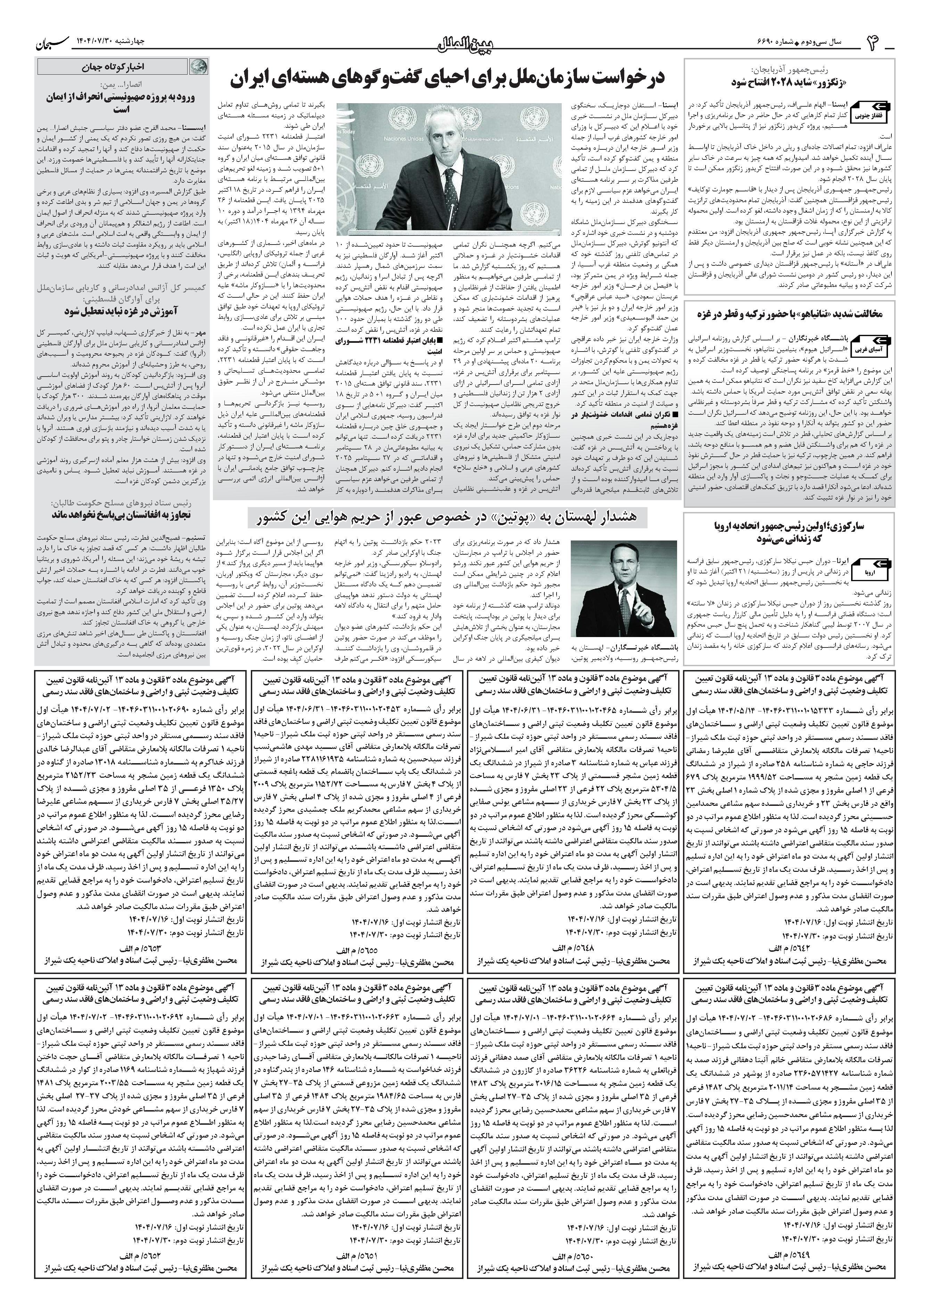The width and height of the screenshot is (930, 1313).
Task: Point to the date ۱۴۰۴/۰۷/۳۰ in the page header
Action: click(x=97, y=42)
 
